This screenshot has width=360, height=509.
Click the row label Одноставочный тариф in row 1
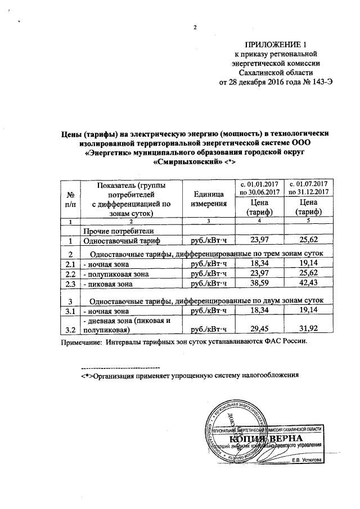click(121, 241)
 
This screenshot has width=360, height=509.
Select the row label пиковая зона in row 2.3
click(107, 285)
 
